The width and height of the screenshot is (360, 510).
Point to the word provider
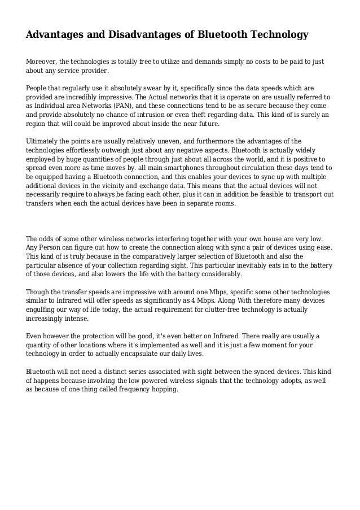pyautogui.click(x=91, y=72)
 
